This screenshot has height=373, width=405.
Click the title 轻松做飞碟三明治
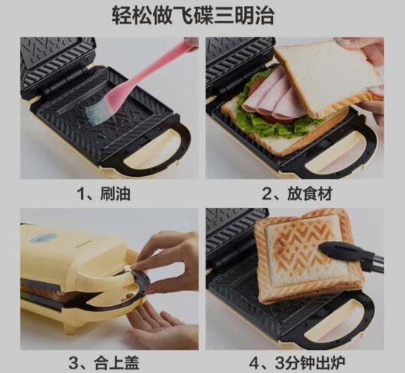tap(193, 16)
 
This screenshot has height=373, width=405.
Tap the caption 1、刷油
tap(104, 193)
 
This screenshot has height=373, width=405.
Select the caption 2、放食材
tap(297, 193)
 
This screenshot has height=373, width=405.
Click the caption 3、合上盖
tap(104, 363)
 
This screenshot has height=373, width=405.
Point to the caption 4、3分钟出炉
tap(297, 363)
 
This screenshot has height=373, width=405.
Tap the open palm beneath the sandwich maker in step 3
tap(160, 325)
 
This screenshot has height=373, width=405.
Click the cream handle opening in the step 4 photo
tap(336, 320)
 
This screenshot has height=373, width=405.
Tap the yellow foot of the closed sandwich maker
tap(70, 329)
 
